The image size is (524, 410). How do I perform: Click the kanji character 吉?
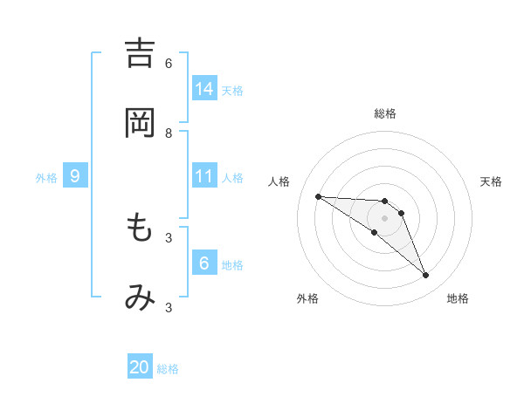click(x=140, y=53)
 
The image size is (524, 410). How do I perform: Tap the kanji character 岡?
click(x=140, y=123)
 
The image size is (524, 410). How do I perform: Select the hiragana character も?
click(x=140, y=228)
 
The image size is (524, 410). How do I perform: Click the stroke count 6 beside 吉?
click(x=169, y=64)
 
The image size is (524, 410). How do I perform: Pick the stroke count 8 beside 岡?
click(x=169, y=133)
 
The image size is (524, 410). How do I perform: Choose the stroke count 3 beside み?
click(x=169, y=307)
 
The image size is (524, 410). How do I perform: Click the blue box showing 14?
click(x=204, y=88)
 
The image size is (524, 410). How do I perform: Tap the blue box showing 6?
click(x=204, y=263)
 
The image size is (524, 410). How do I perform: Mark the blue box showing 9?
click(x=75, y=176)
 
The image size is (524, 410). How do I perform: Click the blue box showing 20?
click(x=140, y=367)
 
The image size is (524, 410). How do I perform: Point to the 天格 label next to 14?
click(x=232, y=90)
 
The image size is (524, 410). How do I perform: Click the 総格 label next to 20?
click(x=168, y=369)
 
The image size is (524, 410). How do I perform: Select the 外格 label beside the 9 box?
click(x=46, y=178)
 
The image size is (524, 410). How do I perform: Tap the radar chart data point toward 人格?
click(x=318, y=196)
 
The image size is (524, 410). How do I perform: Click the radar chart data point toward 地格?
click(x=425, y=276)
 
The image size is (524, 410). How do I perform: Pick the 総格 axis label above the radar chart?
click(x=385, y=113)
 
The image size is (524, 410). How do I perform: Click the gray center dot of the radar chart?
click(x=384, y=218)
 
